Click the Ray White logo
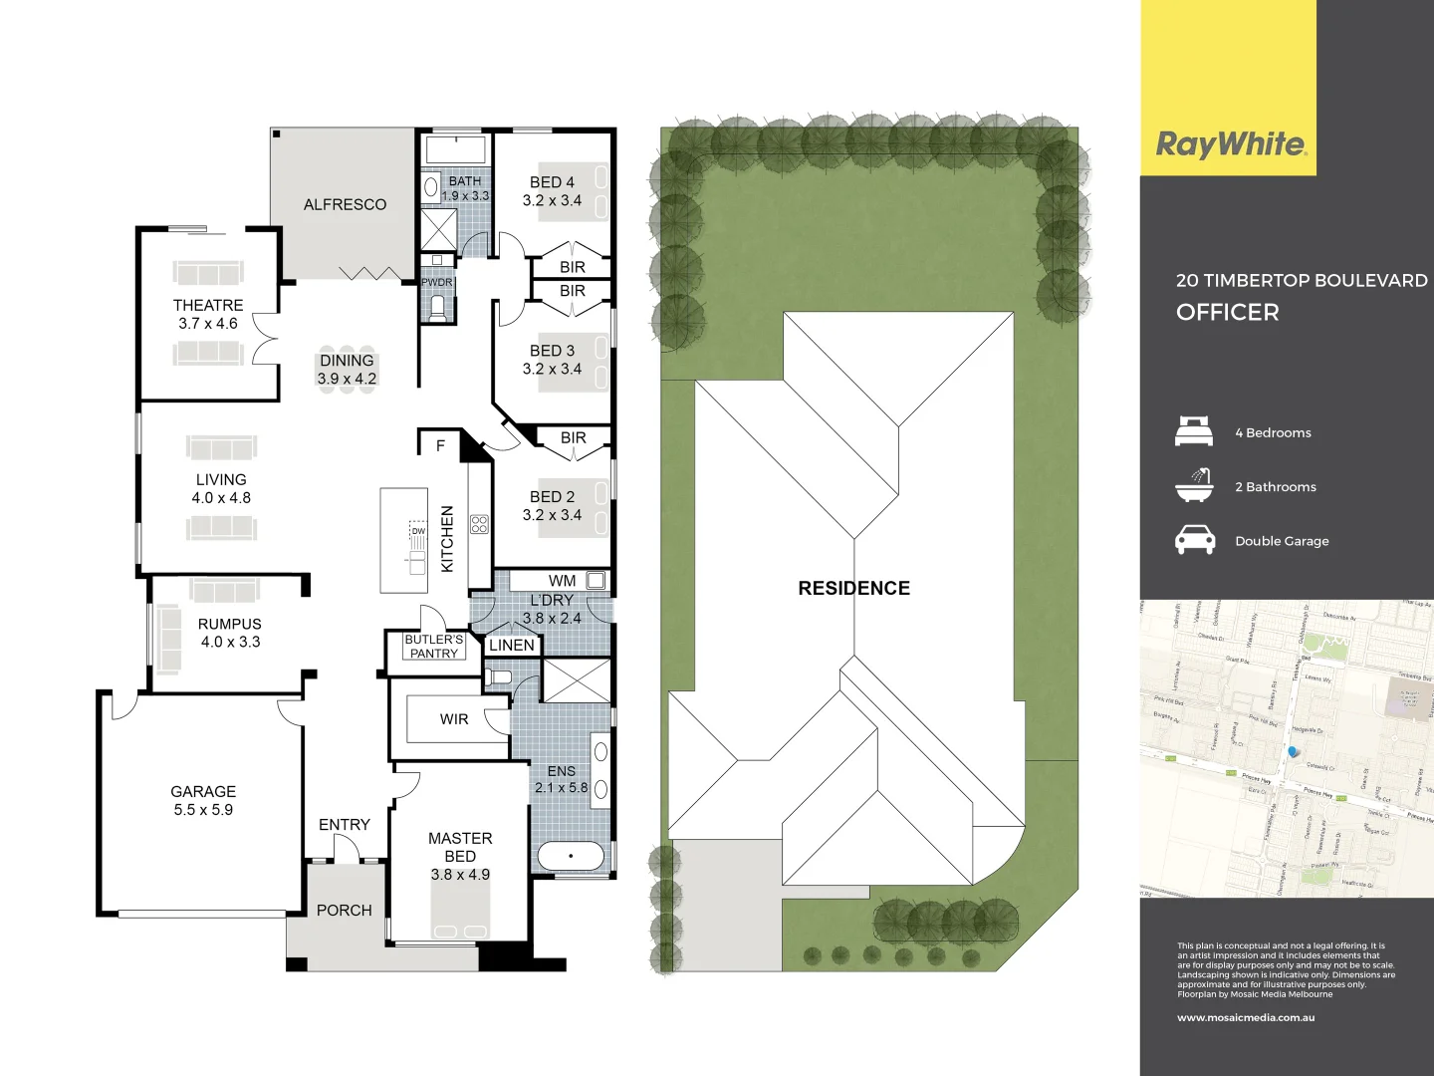(1230, 144)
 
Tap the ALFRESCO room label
(345, 204)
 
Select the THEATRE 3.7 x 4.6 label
(208, 314)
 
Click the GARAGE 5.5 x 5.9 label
(203, 800)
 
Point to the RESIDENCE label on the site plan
(853, 588)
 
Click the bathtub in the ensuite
(571, 856)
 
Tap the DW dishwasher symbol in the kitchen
(417, 531)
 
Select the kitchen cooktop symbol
(479, 524)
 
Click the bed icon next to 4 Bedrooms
(1194, 431)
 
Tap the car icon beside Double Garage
(1194, 540)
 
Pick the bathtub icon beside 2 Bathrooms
(1194, 485)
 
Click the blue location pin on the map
(1293, 752)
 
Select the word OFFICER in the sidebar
(1227, 312)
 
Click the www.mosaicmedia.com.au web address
(1246, 1017)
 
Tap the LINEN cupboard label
(512, 646)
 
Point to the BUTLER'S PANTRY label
(433, 647)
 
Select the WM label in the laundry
(562, 581)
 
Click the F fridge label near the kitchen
(440, 445)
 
